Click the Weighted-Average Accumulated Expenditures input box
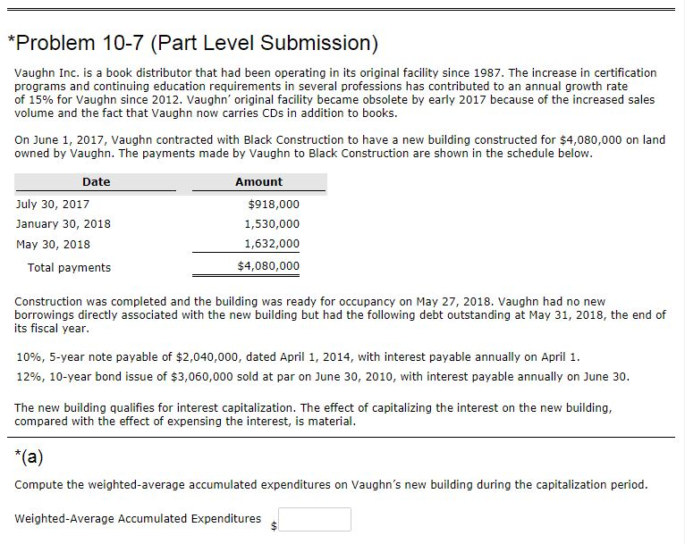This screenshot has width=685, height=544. (x=315, y=519)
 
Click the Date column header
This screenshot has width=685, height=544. (x=96, y=182)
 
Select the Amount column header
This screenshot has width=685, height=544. (x=258, y=182)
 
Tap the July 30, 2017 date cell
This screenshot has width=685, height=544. (x=53, y=205)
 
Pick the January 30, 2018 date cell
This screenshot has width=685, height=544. (x=63, y=224)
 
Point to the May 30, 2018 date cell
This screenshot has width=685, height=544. (x=53, y=244)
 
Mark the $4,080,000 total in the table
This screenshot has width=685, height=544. (x=269, y=266)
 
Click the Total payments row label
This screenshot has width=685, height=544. (x=69, y=267)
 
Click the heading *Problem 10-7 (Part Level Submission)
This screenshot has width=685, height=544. (x=192, y=43)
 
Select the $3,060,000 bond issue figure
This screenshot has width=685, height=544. (x=201, y=376)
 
